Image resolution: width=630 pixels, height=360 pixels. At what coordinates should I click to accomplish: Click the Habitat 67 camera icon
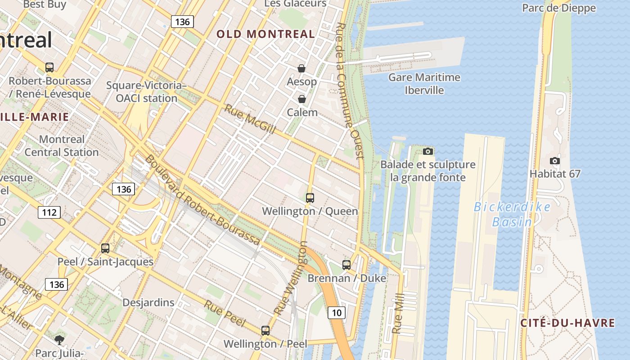point(555,161)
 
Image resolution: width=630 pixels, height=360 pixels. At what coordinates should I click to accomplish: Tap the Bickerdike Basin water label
point(512,214)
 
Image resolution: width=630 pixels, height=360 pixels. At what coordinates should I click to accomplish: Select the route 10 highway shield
point(336,312)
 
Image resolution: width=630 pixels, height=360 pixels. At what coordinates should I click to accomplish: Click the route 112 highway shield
point(49,212)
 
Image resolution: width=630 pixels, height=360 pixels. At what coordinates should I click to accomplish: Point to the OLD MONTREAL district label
point(265,34)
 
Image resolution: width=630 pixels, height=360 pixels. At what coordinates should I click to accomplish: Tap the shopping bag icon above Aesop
point(301,68)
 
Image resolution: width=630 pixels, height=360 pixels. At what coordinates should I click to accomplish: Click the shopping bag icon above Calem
point(301,99)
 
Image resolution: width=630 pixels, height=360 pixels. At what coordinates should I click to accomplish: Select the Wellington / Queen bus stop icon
point(310,198)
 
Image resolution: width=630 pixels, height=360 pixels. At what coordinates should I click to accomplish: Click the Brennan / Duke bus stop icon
point(346,265)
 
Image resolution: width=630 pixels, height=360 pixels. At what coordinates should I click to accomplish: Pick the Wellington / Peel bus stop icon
point(265,330)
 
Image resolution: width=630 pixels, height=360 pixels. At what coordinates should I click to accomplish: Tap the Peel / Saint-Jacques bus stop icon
point(105,248)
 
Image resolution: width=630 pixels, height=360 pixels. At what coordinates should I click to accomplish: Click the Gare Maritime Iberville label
point(424,84)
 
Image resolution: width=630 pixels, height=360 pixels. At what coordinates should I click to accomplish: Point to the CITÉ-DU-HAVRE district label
point(567,323)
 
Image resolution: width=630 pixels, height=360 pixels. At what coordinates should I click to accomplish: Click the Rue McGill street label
point(250,119)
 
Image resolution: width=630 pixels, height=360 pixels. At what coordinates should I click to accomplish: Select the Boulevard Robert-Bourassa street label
point(202,201)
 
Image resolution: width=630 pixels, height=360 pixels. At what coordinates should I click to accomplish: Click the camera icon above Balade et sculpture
point(428,151)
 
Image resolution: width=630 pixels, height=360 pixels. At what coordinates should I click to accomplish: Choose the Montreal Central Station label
point(62,146)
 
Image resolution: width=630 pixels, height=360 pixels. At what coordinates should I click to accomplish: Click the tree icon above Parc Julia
point(58,339)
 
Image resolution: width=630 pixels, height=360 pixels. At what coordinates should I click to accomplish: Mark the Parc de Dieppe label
point(558,8)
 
